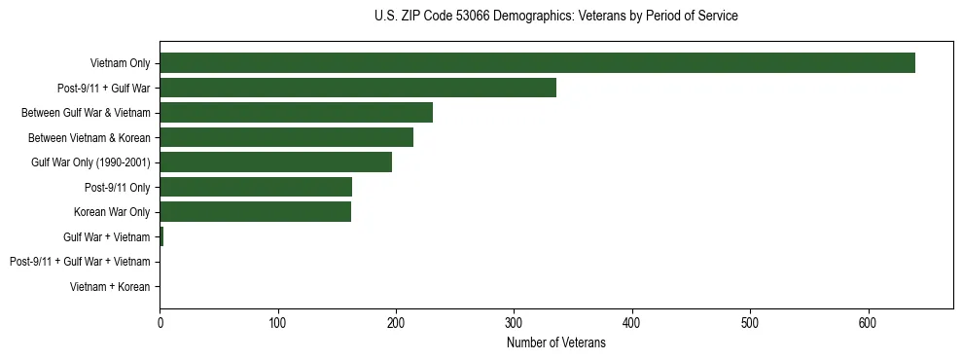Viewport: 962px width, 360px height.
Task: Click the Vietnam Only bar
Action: click(537, 63)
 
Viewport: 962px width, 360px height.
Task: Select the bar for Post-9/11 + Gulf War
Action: click(358, 88)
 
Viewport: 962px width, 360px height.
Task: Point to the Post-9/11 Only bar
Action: click(256, 187)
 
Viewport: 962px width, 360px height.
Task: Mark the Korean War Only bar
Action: click(255, 212)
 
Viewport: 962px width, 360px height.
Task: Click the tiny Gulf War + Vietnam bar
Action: click(161, 236)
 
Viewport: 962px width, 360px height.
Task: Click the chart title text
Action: click(555, 17)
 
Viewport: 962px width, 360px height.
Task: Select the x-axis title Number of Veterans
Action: click(555, 343)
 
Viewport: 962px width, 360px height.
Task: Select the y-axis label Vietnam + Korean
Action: click(110, 287)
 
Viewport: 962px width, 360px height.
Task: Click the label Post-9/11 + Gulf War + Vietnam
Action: click(80, 262)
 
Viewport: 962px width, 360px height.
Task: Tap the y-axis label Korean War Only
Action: click(112, 212)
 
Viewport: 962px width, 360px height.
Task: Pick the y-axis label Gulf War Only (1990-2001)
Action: click(90, 162)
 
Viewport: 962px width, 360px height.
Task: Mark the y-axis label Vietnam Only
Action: click(120, 63)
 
